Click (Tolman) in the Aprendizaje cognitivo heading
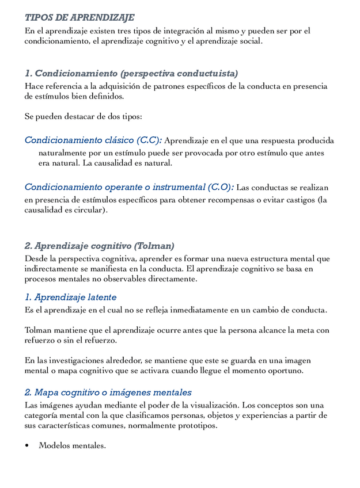tap(154, 246)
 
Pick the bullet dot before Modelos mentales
tap(27, 445)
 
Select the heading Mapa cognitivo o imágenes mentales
tap(108, 392)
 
